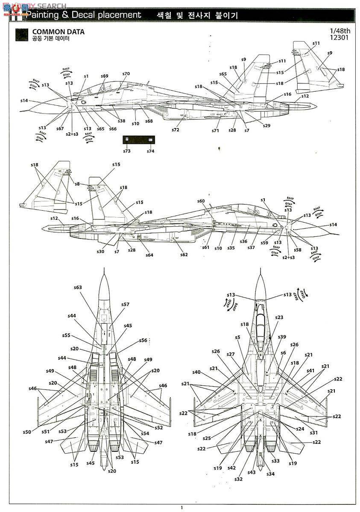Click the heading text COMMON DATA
58,32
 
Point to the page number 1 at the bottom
181,507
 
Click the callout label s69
105,76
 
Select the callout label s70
126,74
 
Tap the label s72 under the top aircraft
176,129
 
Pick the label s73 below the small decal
127,151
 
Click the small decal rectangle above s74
150,140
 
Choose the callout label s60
201,201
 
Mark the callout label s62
184,255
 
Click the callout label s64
149,255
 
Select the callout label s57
125,304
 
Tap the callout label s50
27,432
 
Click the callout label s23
279,317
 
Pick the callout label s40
196,372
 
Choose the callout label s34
271,474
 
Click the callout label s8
77,184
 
